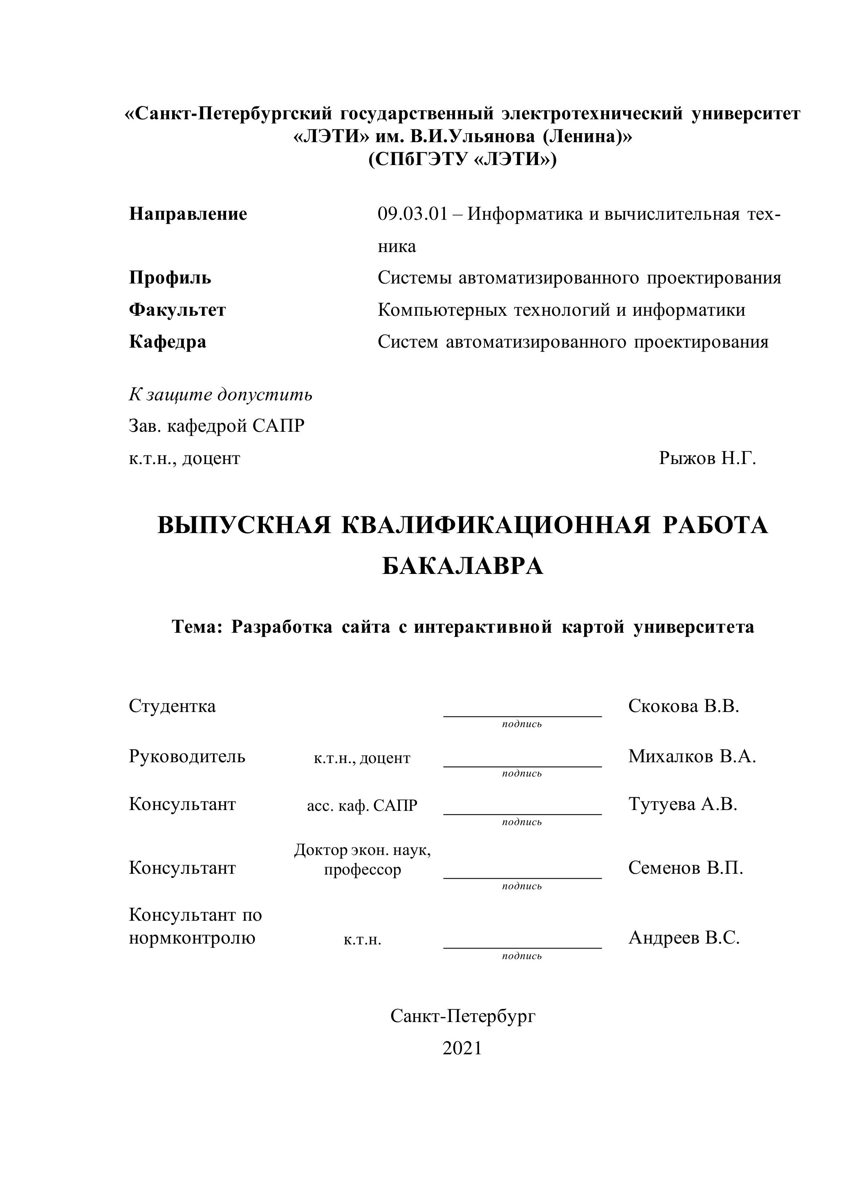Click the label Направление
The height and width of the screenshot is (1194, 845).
[188, 214]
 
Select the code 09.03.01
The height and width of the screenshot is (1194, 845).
[412, 214]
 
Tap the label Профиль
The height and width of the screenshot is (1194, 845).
[170, 278]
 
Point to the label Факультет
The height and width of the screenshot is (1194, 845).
[177, 310]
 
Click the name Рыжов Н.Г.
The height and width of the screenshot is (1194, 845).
[707, 458]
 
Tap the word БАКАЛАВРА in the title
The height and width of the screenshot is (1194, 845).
[463, 566]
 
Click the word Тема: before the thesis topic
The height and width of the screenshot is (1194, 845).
[197, 627]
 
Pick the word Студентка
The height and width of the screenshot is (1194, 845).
[172, 706]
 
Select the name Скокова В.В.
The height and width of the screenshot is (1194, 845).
[683, 706]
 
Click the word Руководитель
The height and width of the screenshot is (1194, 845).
[187, 756]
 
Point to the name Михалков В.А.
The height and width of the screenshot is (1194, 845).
[692, 756]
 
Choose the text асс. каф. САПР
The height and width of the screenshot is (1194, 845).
[362, 806]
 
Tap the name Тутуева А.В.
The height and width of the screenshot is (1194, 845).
[683, 804]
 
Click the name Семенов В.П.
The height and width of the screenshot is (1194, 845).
[685, 868]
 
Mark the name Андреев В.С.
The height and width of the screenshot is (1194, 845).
[684, 937]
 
